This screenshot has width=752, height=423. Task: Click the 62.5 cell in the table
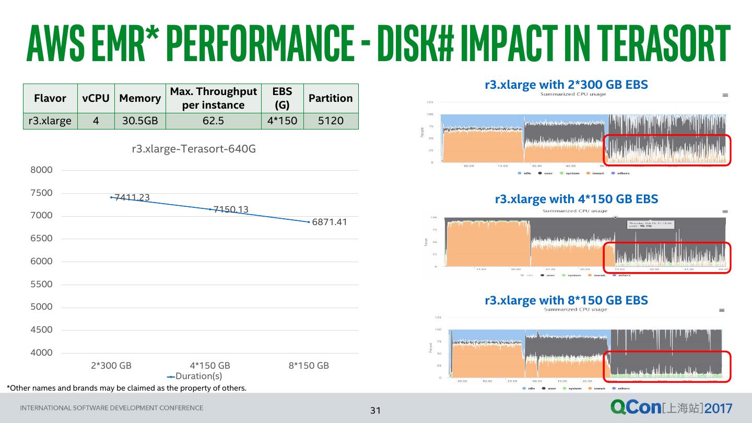213,121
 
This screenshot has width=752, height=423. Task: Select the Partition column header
331,98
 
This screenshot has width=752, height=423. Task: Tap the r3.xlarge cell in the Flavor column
50,121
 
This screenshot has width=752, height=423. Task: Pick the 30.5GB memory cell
139,121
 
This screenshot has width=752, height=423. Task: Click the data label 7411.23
132,197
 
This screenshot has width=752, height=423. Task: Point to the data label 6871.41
330,222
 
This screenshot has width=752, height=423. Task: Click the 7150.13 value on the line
231,209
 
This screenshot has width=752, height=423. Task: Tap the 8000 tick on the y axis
42,170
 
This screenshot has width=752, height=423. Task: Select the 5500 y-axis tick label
42,284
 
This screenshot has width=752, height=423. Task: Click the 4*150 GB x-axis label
210,366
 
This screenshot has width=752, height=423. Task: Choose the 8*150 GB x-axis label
309,366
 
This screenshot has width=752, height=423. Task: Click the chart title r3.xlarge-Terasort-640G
194,149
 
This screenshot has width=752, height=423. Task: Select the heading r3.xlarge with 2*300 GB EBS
566,85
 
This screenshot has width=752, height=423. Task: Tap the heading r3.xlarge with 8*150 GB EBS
566,300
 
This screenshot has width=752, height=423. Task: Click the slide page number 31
375,410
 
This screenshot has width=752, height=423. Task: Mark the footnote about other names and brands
126,388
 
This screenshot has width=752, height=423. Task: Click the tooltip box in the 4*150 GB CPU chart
650,225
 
